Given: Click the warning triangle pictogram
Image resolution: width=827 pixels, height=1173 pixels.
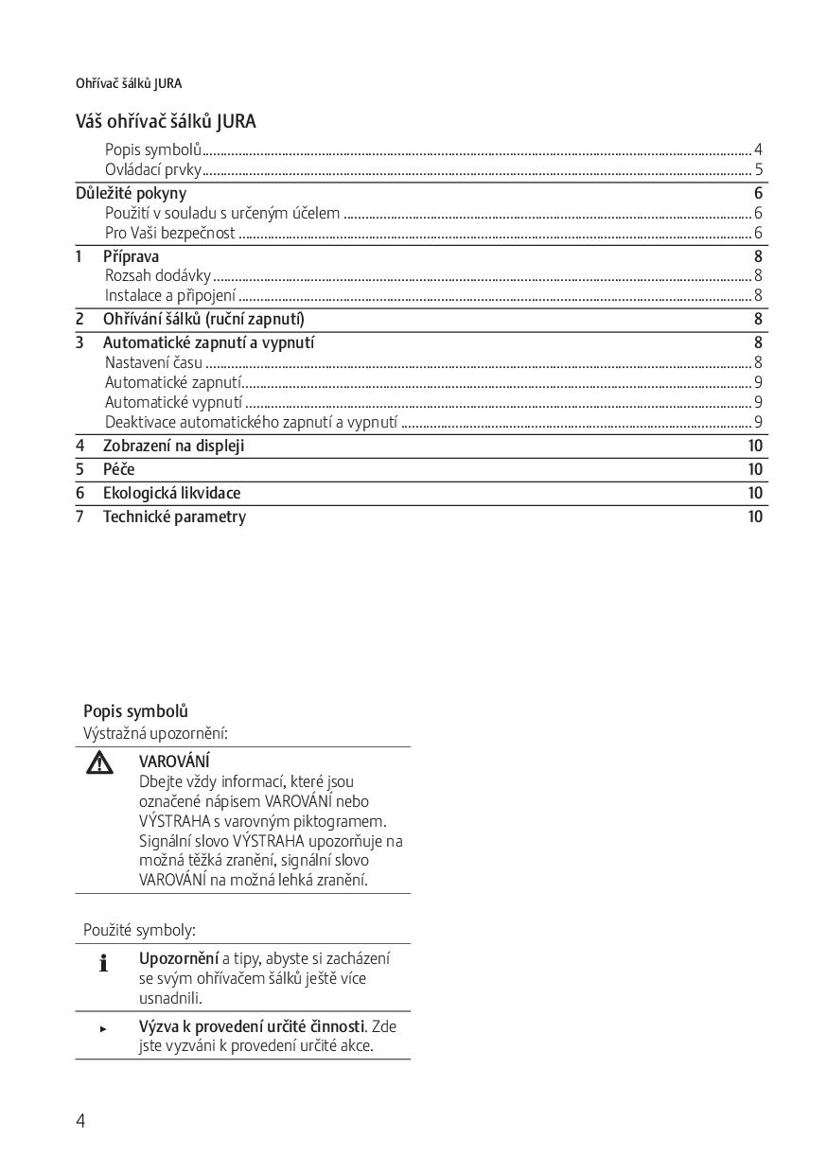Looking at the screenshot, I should click(x=99, y=762).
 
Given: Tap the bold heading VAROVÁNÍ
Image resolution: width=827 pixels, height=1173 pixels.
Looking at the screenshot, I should click(x=174, y=762).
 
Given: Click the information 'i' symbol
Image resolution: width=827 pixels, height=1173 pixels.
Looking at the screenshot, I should click(x=103, y=964).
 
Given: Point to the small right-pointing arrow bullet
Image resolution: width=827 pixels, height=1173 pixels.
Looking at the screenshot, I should click(x=103, y=1028).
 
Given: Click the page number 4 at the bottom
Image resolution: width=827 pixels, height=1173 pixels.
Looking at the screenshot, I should click(x=80, y=1121).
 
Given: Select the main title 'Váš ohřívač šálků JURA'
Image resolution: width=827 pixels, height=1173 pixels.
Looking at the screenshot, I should click(x=166, y=121).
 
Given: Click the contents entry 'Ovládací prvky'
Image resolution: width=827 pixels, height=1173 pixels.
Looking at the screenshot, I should click(x=153, y=170).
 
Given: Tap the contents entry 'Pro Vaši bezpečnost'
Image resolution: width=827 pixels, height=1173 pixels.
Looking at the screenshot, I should click(x=170, y=233).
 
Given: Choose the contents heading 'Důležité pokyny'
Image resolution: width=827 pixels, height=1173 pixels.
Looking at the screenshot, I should click(x=131, y=194).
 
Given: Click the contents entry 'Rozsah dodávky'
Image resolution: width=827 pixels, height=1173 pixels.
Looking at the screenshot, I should click(x=158, y=276).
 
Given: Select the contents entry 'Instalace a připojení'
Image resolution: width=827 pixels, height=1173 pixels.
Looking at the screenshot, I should click(x=170, y=295).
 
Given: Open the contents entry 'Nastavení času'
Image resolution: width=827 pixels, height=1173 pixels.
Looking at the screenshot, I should click(x=153, y=362).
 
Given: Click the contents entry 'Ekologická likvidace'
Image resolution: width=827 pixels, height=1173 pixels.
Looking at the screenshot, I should click(x=171, y=493).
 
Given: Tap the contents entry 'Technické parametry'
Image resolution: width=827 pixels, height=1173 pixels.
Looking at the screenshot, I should click(x=174, y=516).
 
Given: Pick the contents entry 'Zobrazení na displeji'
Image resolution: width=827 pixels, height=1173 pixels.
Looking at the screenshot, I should click(x=173, y=446).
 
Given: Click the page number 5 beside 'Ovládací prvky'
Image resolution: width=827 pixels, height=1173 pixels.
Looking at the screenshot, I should click(x=758, y=170).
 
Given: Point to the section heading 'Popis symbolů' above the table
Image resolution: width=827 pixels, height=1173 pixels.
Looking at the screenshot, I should click(x=135, y=711).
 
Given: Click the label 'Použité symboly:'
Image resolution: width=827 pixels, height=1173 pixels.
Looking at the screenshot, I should click(x=139, y=931).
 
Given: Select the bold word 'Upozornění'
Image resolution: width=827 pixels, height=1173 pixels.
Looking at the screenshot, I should click(x=179, y=958).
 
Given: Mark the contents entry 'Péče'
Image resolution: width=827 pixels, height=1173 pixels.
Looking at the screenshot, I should click(x=119, y=469).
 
